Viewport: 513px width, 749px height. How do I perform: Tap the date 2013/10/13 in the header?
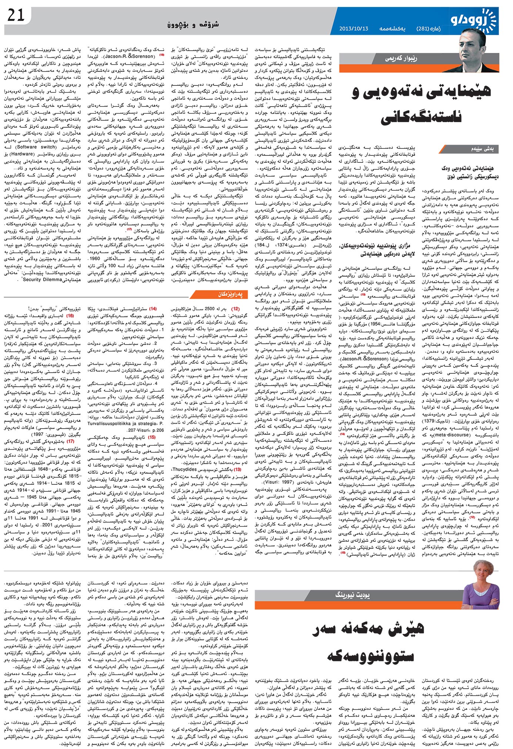point(353,29)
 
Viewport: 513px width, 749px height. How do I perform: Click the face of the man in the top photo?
point(473,48)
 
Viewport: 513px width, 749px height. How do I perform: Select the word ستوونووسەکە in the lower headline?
point(370,656)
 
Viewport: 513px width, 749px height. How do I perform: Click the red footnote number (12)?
point(235,308)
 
